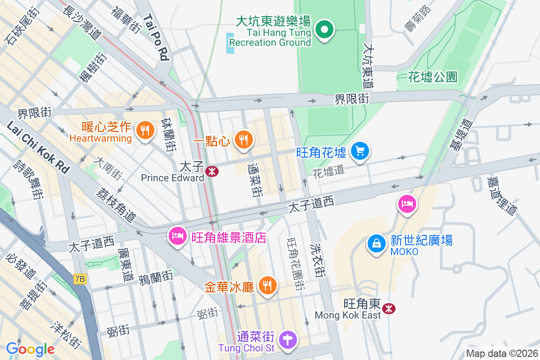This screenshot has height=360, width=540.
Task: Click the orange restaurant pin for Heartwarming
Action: [145, 130]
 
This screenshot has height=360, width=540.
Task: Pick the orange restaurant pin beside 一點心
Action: [243, 139]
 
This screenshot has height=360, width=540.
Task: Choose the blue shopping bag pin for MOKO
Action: [377, 243]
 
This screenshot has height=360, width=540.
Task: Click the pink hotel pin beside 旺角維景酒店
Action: [178, 235]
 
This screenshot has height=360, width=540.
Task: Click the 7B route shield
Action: [80, 279]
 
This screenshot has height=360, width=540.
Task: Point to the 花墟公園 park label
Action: [432, 77]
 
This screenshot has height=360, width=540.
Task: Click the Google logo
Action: [30, 349]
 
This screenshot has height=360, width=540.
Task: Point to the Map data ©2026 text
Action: [501, 353]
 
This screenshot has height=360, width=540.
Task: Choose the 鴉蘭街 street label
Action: [156, 275]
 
